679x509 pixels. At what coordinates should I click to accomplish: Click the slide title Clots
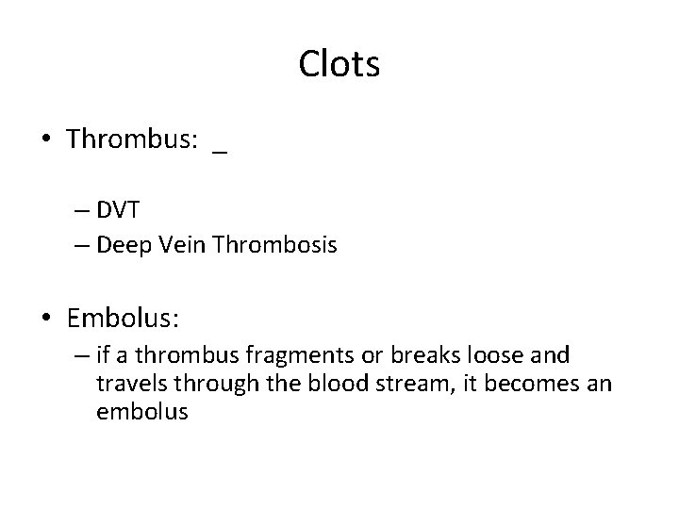(x=339, y=65)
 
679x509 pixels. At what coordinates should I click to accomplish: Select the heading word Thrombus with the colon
(x=132, y=140)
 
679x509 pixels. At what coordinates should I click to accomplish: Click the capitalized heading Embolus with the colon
(x=123, y=320)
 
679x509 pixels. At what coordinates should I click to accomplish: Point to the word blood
(x=328, y=385)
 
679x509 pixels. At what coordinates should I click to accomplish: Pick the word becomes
(x=518, y=385)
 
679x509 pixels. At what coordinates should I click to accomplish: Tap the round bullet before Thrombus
(x=46, y=140)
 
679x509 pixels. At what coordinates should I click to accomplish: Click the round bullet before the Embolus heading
(x=46, y=320)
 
